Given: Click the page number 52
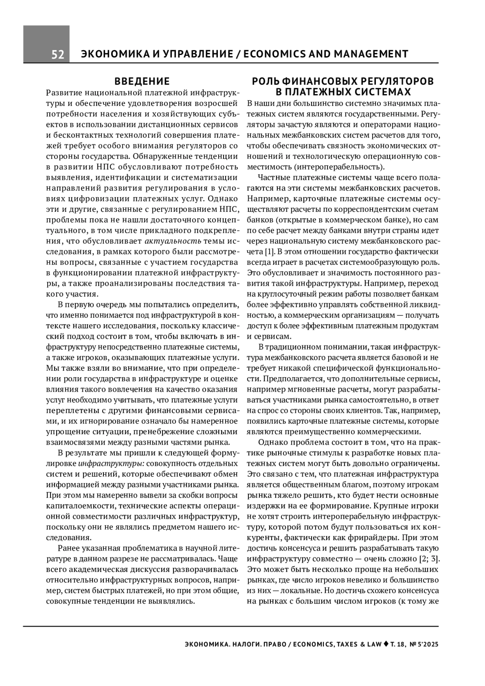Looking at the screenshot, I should coord(58,54).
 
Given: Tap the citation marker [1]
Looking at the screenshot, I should coord(270,252).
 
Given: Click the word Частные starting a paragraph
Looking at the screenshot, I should coord(274,177).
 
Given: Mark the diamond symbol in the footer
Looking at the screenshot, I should coord(386,644).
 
